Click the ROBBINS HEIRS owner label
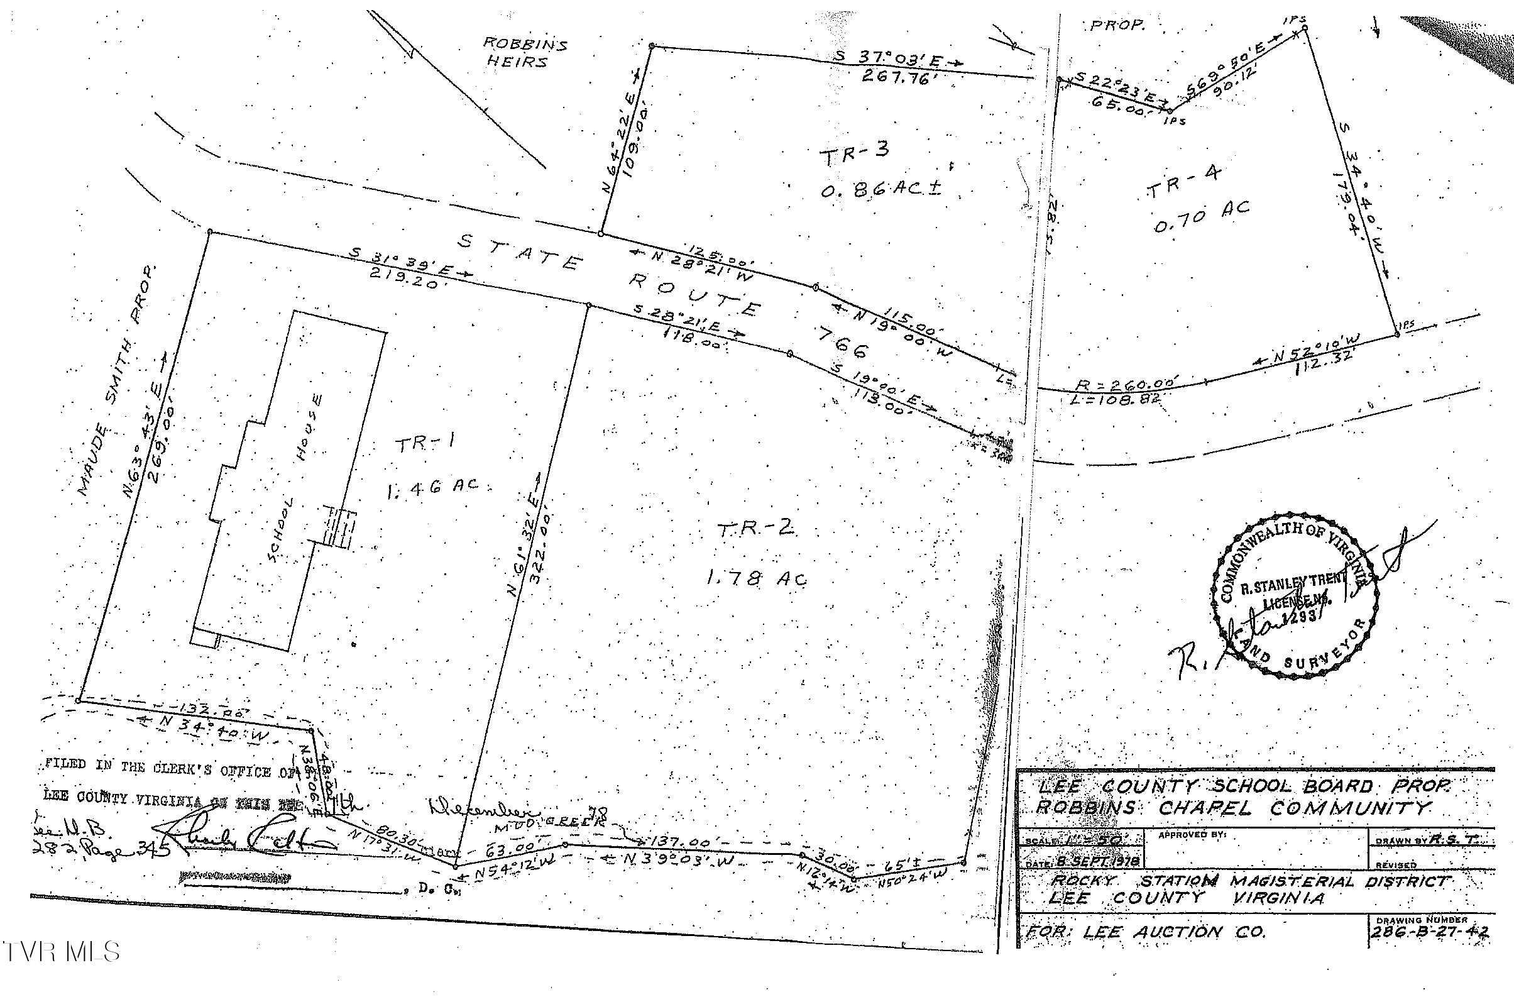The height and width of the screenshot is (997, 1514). click(x=525, y=52)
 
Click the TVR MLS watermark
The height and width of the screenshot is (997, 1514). click(x=61, y=952)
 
